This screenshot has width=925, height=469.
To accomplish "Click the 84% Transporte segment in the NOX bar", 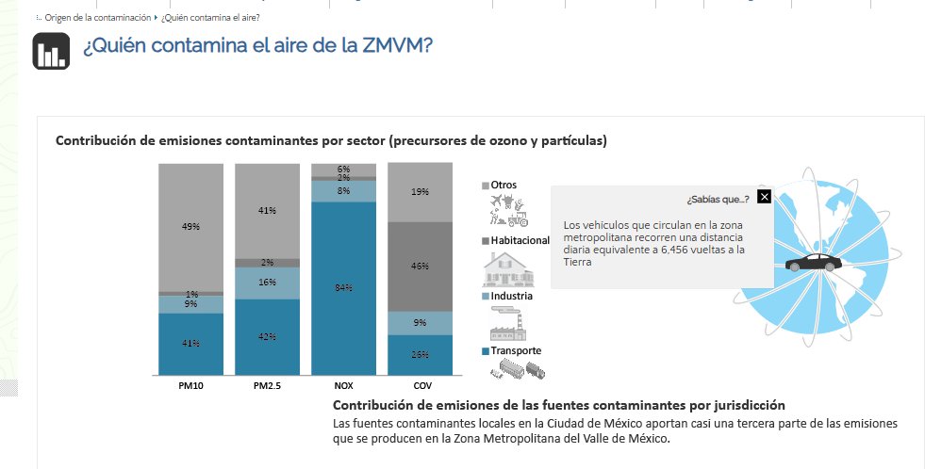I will point(343,288).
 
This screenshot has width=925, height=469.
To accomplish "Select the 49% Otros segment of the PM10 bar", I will point(190,227).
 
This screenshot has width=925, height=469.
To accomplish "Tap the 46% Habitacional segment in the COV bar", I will point(420,267).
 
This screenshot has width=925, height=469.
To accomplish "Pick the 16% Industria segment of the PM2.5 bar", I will point(267,283).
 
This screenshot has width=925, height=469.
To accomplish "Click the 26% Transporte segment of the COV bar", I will point(420,355).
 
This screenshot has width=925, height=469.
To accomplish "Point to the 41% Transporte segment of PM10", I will point(190,344).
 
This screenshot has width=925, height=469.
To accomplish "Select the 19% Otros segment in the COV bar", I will point(420,192).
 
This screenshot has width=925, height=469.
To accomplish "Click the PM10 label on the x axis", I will point(191,386).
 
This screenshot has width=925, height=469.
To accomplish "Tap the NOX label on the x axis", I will point(343,386).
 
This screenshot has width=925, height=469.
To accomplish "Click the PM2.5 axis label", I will point(267,386).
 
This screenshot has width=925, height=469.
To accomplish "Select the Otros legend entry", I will point(504,185).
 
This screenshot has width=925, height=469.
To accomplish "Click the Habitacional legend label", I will point(520,241).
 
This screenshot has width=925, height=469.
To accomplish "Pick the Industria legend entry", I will point(511,296).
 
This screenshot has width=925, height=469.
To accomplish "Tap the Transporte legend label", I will point(516,350).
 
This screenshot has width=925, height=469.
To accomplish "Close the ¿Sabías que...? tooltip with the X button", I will point(764,197).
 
